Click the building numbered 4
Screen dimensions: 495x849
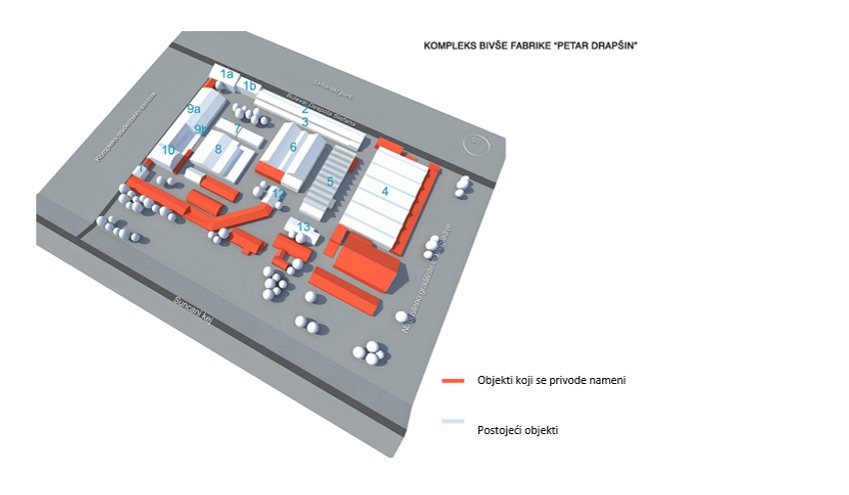coord(385,190)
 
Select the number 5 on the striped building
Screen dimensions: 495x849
coord(331,182)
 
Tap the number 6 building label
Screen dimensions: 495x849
coord(294,147)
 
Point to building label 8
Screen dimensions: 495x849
coord(218,150)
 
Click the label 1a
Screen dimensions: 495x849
coord(227,74)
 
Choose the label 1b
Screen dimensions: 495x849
coord(250,86)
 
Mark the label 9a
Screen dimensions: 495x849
coord(194,108)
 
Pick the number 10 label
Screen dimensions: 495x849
coord(169,151)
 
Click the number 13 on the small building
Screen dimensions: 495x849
coord(305,228)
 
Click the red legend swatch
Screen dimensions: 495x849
coord(454,381)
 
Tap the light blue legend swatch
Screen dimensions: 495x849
coord(454,423)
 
